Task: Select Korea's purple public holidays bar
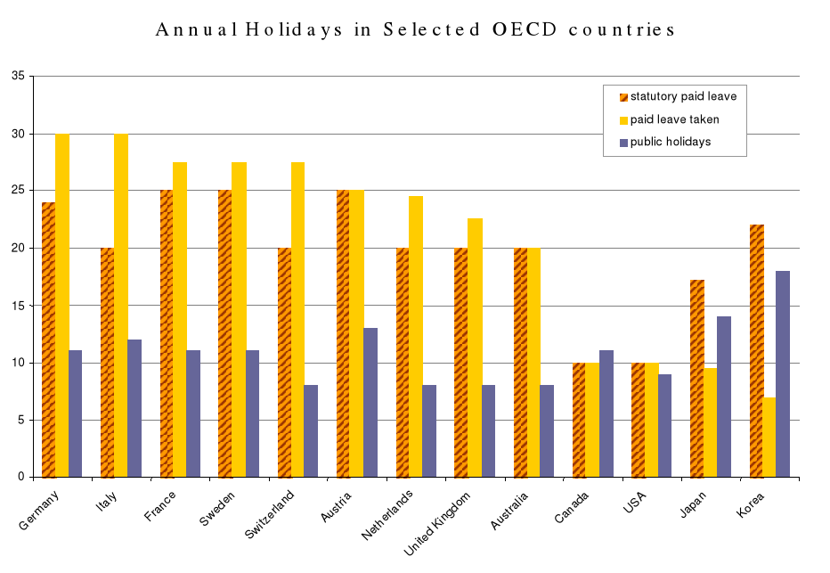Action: (783, 373)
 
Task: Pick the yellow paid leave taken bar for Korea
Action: (769, 437)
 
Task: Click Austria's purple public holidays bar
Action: (370, 402)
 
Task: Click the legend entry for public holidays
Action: (671, 142)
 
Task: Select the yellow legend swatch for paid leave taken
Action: (623, 119)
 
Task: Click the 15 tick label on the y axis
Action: (18, 306)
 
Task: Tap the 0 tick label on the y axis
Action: (21, 477)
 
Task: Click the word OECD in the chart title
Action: (525, 29)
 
